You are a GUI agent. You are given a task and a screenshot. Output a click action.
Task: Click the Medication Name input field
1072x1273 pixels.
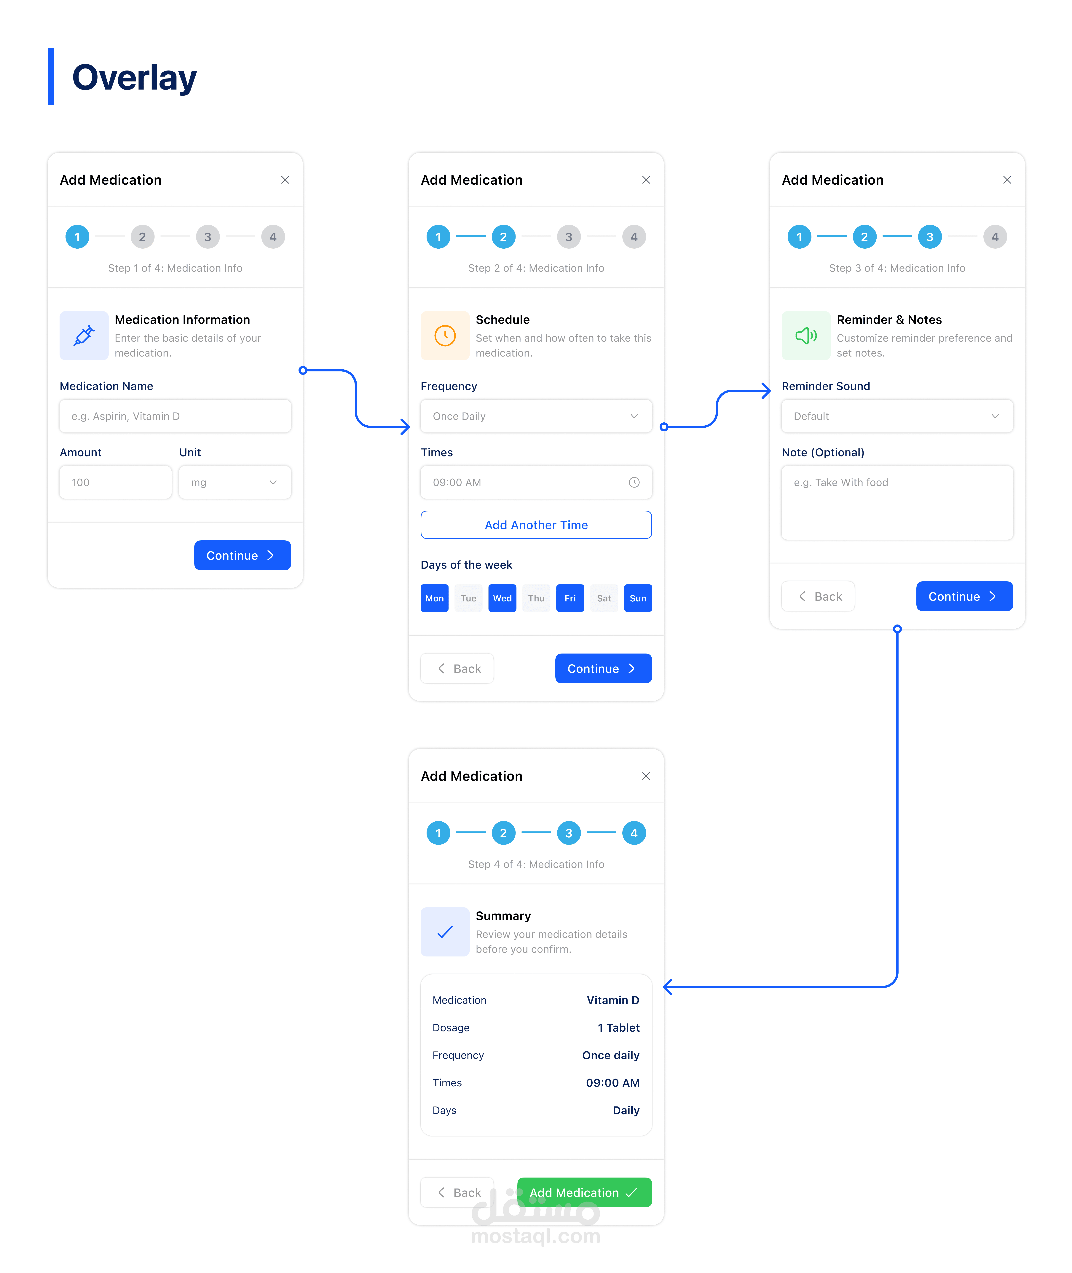click(x=175, y=416)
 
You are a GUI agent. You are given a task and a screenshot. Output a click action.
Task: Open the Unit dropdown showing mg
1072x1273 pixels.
click(x=234, y=483)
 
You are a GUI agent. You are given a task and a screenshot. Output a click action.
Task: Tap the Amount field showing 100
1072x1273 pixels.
click(x=115, y=483)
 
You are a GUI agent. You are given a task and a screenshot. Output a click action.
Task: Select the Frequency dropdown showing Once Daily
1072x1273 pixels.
click(x=536, y=416)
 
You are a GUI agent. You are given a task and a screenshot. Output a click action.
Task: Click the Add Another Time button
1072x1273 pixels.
click(x=536, y=525)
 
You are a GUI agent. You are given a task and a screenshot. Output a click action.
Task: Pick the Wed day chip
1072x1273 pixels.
click(x=502, y=598)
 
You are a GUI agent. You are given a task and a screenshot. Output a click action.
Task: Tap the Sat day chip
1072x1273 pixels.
click(x=604, y=598)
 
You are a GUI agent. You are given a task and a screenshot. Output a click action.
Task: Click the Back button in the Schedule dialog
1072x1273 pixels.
click(x=457, y=668)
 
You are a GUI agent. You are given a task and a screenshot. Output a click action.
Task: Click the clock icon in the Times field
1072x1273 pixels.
click(x=634, y=483)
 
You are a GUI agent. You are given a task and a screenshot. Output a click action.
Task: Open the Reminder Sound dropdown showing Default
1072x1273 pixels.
click(x=897, y=416)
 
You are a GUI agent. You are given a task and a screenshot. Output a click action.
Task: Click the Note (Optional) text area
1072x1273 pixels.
click(x=897, y=502)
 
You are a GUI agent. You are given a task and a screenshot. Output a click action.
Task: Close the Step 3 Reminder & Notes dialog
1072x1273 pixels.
click(x=1007, y=180)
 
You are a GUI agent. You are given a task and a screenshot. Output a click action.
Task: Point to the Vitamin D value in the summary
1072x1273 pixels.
click(x=612, y=1000)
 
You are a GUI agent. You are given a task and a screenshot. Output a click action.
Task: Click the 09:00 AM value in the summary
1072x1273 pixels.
click(x=612, y=1083)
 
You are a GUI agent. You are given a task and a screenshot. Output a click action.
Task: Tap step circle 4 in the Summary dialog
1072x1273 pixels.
click(x=634, y=833)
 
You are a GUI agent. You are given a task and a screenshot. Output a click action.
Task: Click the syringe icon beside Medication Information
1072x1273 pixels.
click(x=84, y=335)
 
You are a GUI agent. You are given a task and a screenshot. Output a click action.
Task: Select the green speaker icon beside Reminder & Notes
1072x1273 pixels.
click(x=806, y=335)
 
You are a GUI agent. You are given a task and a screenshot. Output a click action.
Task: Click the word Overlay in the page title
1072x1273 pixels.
click(x=134, y=78)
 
